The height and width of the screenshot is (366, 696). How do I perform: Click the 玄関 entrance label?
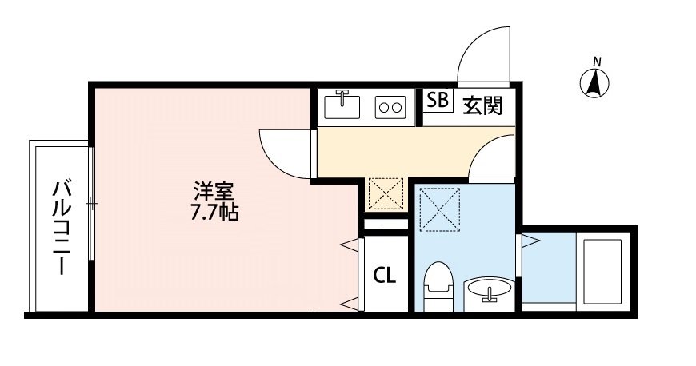(482, 105)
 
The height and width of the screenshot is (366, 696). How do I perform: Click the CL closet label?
(385, 276)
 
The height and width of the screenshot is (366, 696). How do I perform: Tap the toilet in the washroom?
(439, 284)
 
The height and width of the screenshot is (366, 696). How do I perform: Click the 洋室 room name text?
(214, 193)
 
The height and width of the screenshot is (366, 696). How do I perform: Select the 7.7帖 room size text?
(214, 213)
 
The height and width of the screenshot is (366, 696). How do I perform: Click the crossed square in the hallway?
(385, 193)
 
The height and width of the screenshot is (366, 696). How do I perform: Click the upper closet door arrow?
(349, 244)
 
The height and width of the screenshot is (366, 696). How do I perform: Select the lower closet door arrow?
(349, 304)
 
